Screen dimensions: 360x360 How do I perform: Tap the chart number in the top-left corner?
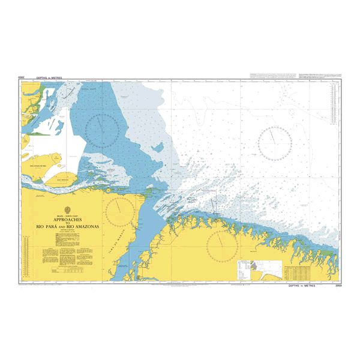[x=21, y=78]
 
